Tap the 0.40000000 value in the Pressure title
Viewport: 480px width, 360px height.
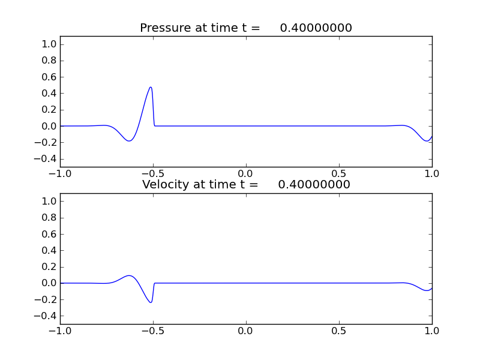point(316,28)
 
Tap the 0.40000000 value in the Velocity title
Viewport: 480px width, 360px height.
point(314,185)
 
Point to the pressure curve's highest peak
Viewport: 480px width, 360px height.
point(151,87)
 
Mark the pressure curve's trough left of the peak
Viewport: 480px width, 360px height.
point(130,141)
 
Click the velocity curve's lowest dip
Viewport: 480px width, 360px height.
point(151,302)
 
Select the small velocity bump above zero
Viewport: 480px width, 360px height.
point(130,275)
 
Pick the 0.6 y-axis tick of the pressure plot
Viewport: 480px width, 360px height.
point(50,77)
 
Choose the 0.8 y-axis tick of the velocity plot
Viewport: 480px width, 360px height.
point(50,218)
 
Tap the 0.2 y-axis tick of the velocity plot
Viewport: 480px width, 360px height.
point(50,267)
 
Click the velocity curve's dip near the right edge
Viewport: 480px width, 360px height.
point(427,290)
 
